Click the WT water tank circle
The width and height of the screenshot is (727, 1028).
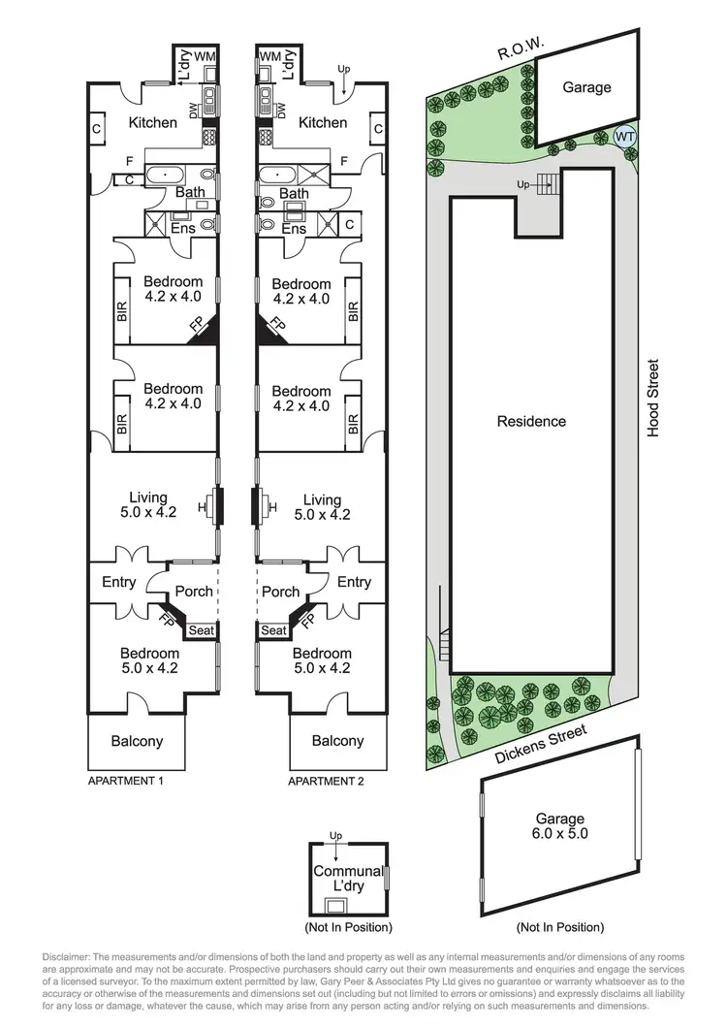625,137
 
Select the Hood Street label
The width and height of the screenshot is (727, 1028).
653,399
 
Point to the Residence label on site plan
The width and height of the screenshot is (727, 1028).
531,421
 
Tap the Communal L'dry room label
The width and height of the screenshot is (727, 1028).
348,878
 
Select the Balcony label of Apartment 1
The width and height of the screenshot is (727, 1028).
136,741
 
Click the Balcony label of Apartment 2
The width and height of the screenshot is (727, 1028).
337,741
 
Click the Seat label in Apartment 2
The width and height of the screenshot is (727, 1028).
274,630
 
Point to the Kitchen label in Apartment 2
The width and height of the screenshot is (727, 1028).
323,122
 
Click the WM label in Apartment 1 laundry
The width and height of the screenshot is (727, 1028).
205,57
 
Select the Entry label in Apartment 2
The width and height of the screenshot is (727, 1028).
354,582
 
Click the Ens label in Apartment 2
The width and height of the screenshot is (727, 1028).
293,229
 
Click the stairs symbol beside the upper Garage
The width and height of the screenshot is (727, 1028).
548,183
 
